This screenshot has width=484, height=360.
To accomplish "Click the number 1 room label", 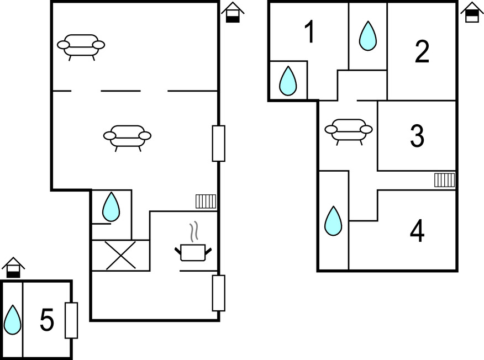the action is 309,31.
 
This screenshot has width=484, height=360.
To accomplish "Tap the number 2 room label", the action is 422,51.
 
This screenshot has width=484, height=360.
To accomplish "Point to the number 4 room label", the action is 417,230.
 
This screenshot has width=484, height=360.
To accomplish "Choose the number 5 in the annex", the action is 47,320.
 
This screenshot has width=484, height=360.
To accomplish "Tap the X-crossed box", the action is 120,256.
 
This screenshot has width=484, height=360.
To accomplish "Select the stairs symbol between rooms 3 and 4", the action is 444,180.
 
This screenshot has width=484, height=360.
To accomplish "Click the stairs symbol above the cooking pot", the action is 206,202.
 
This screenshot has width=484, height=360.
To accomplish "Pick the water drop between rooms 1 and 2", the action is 368,36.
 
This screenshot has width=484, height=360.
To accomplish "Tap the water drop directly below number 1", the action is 288,81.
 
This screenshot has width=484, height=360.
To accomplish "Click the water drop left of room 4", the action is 333,221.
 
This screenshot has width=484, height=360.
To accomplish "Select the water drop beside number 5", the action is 13,320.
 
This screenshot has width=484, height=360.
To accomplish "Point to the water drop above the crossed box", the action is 111,207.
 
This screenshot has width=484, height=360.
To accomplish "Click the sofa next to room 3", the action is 349,132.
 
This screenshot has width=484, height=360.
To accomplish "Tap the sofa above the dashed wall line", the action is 81,47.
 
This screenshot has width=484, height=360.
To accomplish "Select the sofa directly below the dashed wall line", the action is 127,138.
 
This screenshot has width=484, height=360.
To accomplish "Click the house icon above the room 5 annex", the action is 13,267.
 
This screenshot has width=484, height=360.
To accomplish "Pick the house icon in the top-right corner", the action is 472,12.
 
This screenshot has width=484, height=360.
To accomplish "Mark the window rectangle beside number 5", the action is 71,320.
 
